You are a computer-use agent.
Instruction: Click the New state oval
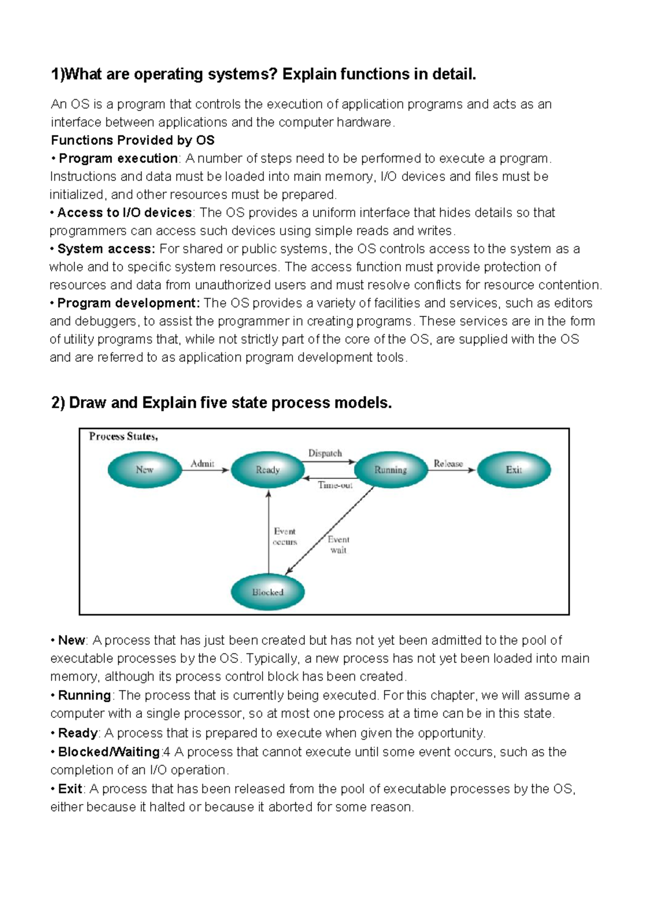click(145, 470)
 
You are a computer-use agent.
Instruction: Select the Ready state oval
click(267, 470)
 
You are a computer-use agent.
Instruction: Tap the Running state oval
click(391, 470)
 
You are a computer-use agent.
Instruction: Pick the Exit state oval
click(513, 470)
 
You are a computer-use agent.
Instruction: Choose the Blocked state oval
click(267, 592)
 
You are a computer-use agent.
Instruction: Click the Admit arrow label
click(202, 463)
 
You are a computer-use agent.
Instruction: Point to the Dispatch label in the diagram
click(325, 453)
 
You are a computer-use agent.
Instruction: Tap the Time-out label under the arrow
click(335, 485)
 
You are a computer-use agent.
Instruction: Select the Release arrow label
click(448, 463)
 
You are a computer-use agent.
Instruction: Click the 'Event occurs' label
click(285, 536)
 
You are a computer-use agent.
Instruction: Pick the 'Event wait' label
click(339, 545)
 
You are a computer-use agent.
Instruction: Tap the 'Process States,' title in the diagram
click(124, 436)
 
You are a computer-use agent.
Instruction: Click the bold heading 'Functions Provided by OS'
click(133, 140)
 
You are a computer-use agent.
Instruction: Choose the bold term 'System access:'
click(106, 249)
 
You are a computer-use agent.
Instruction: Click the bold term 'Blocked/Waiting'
click(109, 752)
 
